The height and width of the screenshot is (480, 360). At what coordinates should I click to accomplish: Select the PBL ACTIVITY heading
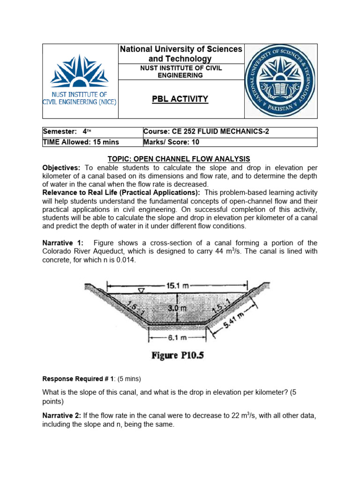point(180,99)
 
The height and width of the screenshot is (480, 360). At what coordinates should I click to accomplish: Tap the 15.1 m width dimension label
point(177,285)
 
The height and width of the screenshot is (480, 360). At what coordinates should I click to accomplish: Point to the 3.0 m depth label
point(177,308)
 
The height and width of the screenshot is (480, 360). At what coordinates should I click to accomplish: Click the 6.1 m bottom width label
point(177,337)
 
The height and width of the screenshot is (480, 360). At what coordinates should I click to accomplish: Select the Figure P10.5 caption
point(177,355)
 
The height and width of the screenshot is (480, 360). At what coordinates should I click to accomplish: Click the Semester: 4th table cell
point(92,132)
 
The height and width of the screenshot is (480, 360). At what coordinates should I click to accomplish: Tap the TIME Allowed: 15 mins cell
point(92,142)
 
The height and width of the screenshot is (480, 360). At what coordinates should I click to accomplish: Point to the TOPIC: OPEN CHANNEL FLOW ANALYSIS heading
point(180,159)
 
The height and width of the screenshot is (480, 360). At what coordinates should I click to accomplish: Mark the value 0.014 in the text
point(126,260)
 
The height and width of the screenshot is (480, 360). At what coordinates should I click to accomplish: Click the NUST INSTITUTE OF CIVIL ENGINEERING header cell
point(180,71)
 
